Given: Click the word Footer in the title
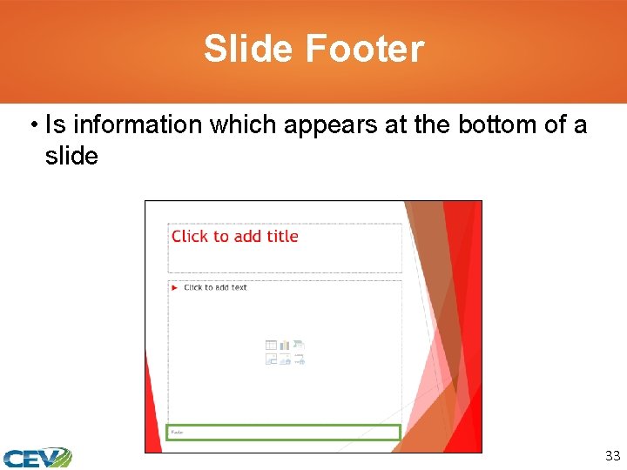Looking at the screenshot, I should [365, 49].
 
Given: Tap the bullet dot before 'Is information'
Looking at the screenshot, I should [32, 125].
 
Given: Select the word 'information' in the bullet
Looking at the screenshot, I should [137, 125].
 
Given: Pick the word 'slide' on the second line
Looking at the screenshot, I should [71, 157].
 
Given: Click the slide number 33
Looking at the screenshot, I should [611, 455].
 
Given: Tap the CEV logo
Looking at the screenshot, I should [37, 457].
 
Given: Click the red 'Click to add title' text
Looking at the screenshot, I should [235, 236].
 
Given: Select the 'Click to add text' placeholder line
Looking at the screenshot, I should [215, 287].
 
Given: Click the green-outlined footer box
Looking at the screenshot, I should [283, 432].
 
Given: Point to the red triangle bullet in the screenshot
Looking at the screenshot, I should [174, 287].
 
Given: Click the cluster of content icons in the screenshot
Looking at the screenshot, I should [285, 352].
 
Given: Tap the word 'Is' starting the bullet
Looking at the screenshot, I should [55, 125].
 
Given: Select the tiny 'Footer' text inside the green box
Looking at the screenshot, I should [177, 432].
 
